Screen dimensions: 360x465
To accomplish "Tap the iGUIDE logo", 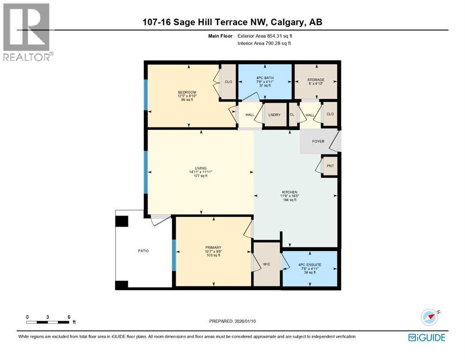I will pyautogui.click(x=427, y=337).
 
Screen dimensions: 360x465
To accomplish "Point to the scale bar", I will pyautogui.click(x=48, y=322).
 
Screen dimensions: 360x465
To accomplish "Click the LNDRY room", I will pyautogui.click(x=273, y=114).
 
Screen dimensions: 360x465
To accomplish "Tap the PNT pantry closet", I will pyautogui.click(x=330, y=166).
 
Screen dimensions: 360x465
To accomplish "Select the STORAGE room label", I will pyautogui.click(x=316, y=80).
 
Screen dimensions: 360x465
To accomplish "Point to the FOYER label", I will pyautogui.click(x=318, y=141).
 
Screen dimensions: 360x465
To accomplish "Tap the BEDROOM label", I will pyautogui.click(x=187, y=92).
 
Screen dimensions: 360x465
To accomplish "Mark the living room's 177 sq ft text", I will pyautogui.click(x=201, y=176).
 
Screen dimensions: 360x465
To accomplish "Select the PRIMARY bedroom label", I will pyautogui.click(x=213, y=247).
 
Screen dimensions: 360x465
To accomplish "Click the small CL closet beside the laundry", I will pyautogui.click(x=292, y=114).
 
